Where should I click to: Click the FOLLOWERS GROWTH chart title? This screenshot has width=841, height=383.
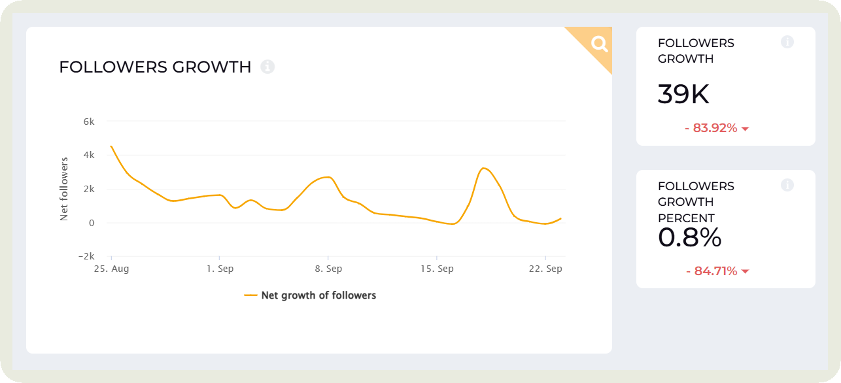click(x=155, y=67)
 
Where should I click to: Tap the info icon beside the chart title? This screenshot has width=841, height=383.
click(x=267, y=67)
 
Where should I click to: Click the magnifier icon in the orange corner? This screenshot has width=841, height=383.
click(x=599, y=44)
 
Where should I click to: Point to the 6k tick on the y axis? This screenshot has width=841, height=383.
click(x=88, y=122)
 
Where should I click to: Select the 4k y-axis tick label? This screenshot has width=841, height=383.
click(x=88, y=156)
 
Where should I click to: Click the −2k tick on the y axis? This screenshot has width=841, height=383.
click(x=86, y=256)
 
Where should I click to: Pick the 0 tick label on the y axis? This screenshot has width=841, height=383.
click(x=91, y=223)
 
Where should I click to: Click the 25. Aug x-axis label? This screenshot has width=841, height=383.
click(x=112, y=269)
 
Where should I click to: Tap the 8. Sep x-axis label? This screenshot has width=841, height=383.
click(x=328, y=269)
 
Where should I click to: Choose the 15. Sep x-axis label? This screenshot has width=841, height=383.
click(x=437, y=269)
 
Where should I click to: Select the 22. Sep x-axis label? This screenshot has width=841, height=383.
click(x=545, y=269)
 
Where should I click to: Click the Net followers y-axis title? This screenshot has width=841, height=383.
click(x=64, y=189)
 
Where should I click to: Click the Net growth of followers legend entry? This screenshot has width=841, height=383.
click(x=311, y=295)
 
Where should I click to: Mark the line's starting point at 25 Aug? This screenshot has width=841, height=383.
click(x=111, y=146)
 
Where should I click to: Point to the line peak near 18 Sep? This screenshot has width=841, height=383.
click(x=483, y=169)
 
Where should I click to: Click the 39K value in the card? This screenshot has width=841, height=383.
click(x=683, y=95)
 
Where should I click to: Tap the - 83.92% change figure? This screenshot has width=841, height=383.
click(x=711, y=128)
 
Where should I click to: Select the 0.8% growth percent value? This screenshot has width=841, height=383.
click(x=689, y=238)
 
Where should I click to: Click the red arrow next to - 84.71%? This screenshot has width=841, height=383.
click(x=745, y=272)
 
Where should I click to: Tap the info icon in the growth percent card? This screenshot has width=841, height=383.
click(x=787, y=185)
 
